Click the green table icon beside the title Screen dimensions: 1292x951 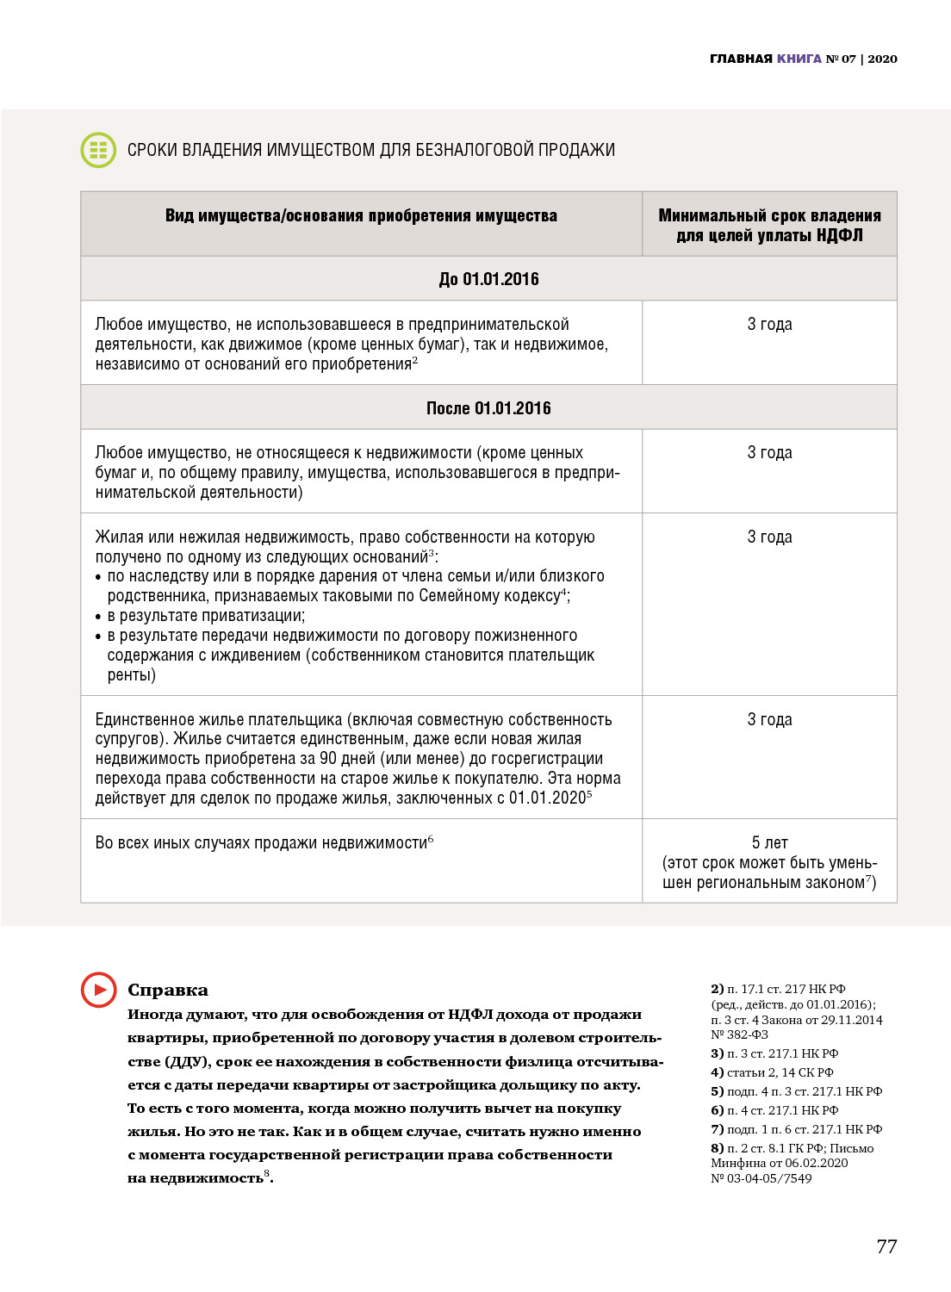pyautogui.click(x=98, y=150)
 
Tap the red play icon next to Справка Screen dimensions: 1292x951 pyautogui.click(x=98, y=990)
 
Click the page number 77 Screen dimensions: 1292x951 pyautogui.click(x=886, y=1246)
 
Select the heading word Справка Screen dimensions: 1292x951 pyautogui.click(x=168, y=990)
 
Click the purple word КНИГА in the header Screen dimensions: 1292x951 pyautogui.click(x=799, y=59)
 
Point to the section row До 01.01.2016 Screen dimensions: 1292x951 pyautogui.click(x=488, y=279)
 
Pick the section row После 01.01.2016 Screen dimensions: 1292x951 pyautogui.click(x=488, y=408)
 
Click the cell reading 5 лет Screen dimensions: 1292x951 pyautogui.click(x=769, y=842)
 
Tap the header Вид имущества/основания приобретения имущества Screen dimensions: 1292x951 pyautogui.click(x=361, y=215)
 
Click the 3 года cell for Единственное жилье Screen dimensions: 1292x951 pyautogui.click(x=769, y=719)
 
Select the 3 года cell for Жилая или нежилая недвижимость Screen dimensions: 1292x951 pyautogui.click(x=769, y=537)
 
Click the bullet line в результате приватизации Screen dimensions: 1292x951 pyautogui.click(x=207, y=616)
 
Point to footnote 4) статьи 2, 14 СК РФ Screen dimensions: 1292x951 pyautogui.click(x=772, y=1072)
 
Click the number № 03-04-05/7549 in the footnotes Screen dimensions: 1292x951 pyautogui.click(x=761, y=1178)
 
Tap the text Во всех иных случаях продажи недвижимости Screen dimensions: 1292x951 pyautogui.click(x=261, y=843)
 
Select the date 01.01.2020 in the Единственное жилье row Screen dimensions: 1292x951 pyautogui.click(x=547, y=798)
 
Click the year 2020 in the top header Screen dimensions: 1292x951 pyautogui.click(x=882, y=59)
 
